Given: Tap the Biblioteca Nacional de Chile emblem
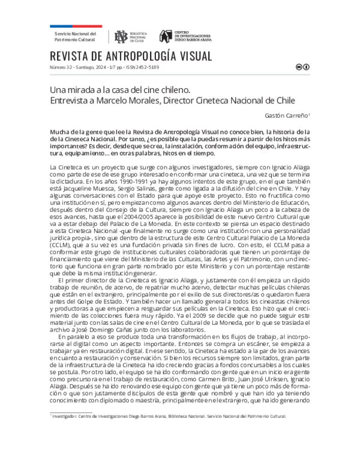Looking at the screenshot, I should pos(122,36).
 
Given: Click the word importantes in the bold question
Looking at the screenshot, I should pos(69,145).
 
